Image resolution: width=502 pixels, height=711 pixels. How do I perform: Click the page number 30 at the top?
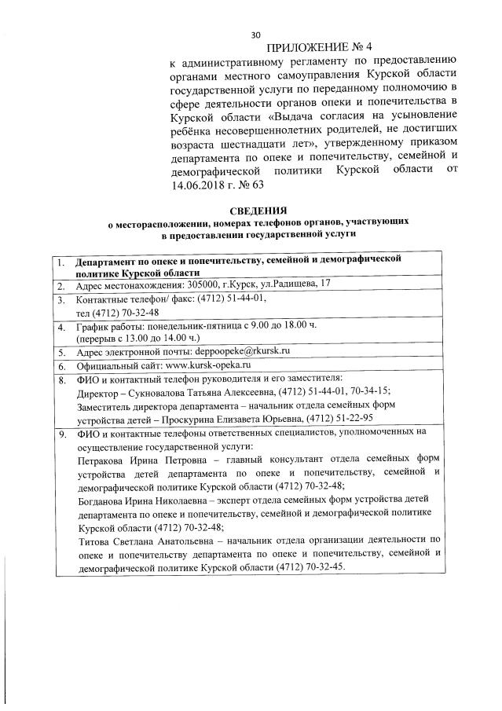255,35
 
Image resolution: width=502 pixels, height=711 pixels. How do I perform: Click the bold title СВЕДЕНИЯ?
258,211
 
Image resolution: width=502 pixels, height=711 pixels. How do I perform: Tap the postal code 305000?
205,284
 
